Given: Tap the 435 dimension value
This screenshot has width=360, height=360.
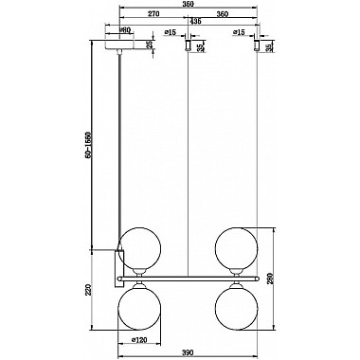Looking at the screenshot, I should (195, 21).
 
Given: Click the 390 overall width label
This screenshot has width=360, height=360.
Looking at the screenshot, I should (188, 352).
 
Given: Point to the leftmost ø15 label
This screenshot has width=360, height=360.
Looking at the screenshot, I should (171, 32).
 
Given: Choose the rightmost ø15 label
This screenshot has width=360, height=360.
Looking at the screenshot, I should (240, 32).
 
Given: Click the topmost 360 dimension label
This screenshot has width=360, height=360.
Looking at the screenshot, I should (188, 5).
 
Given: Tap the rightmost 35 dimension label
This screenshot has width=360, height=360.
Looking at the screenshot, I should (269, 46).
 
